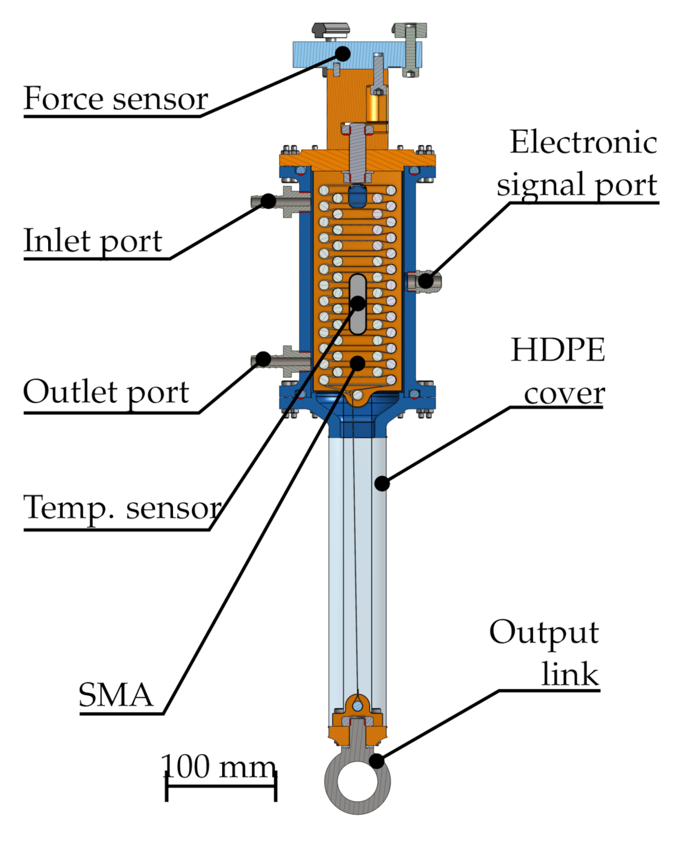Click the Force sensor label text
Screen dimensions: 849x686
point(116,99)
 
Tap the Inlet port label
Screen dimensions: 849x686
point(93,241)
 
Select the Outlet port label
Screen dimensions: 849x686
point(106,393)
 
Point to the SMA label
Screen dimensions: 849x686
point(116,695)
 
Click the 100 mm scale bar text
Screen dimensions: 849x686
point(219,767)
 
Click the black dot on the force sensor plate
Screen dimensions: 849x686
point(343,53)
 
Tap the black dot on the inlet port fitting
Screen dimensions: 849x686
point(268,201)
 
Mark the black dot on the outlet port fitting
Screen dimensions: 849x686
point(264,359)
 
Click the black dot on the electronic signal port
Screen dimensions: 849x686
point(426,281)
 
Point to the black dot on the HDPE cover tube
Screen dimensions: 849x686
point(382,483)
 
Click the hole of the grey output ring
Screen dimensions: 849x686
point(358,782)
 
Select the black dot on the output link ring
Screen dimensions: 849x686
point(376,761)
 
